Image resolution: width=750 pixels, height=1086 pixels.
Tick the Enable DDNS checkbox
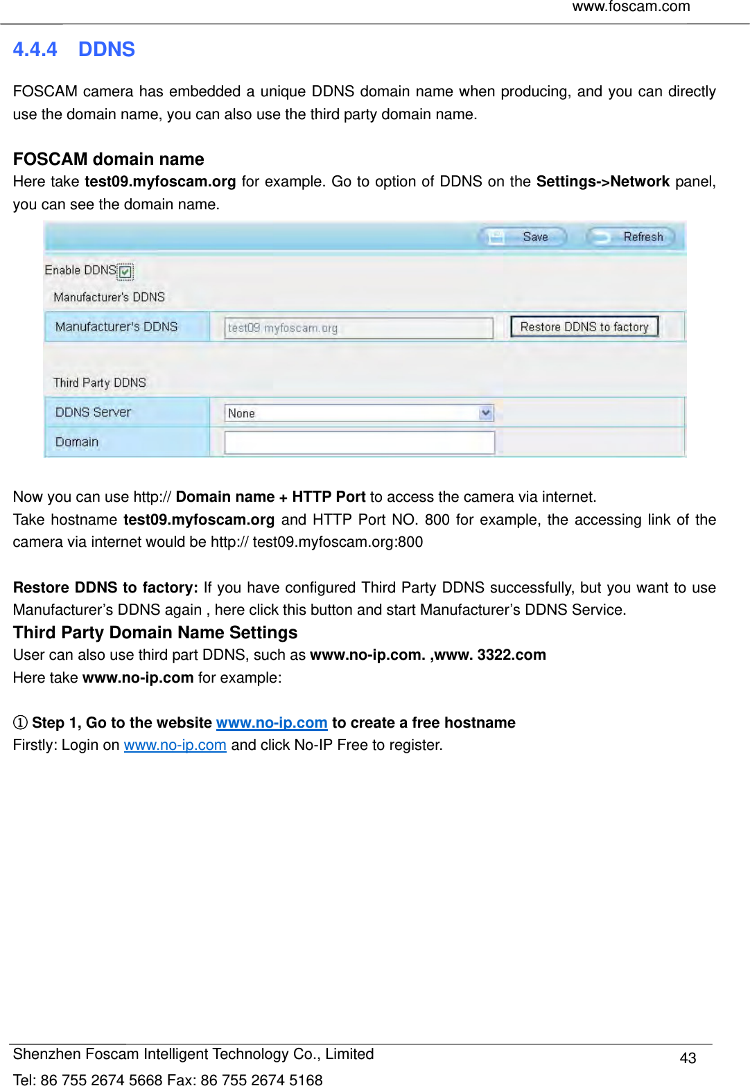point(125,272)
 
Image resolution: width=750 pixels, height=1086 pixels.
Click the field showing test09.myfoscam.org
point(358,328)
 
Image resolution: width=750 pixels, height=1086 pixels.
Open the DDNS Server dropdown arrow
point(486,413)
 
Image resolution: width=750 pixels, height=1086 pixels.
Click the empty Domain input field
point(359,442)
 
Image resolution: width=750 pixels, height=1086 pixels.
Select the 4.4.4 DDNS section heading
point(74,49)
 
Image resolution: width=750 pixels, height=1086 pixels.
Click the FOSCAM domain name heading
point(108,159)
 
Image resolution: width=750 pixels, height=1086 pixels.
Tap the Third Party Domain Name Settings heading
point(155,632)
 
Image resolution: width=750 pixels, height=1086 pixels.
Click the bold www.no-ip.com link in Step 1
point(272,723)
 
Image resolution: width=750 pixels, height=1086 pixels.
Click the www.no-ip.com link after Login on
point(175,745)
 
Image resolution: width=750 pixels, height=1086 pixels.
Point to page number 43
point(688,1058)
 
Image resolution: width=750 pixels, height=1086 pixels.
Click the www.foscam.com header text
point(631,7)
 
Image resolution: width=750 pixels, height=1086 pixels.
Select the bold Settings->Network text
point(602,182)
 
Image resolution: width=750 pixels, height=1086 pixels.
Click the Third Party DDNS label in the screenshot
point(100,383)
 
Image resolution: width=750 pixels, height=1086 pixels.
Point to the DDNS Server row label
point(93,412)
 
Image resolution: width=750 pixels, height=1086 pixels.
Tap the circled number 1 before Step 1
point(20,723)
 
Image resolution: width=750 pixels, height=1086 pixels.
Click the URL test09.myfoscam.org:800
point(338,542)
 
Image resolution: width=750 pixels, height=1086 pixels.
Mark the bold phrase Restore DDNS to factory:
point(105,588)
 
